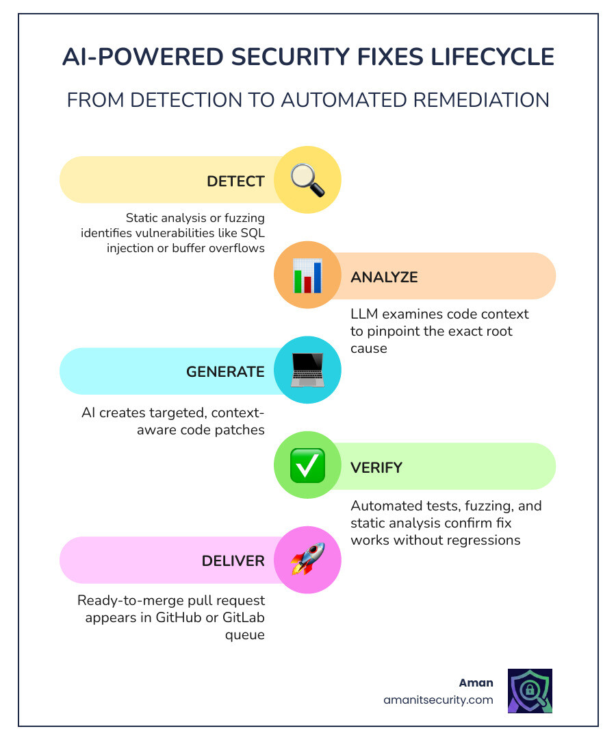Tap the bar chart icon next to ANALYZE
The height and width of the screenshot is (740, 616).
click(x=307, y=276)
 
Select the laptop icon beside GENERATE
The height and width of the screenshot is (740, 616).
click(x=307, y=371)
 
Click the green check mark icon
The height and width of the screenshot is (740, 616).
click(x=307, y=467)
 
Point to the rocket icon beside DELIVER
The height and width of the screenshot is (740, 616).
click(x=307, y=560)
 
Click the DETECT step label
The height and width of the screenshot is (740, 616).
click(x=235, y=182)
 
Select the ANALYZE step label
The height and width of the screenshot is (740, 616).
click(x=384, y=277)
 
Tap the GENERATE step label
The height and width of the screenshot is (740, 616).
click(x=225, y=372)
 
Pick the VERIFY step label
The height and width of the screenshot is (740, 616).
click(x=376, y=467)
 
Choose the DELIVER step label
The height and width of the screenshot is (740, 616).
click(x=233, y=561)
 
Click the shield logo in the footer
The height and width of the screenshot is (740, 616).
click(x=530, y=691)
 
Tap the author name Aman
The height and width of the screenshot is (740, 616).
click(x=476, y=683)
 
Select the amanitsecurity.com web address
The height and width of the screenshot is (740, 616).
click(x=438, y=700)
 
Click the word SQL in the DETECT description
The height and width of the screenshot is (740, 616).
click(x=252, y=232)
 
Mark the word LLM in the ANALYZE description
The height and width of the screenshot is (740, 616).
click(x=363, y=314)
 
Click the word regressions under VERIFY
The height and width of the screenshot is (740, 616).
click(x=481, y=540)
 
